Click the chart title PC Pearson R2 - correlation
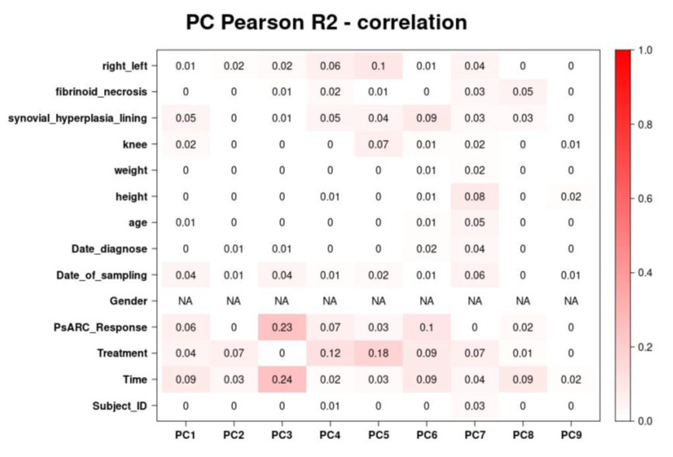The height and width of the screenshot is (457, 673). pos(327,23)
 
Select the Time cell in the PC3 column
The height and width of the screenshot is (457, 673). pos(282,379)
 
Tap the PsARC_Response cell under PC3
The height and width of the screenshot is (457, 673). pos(282,326)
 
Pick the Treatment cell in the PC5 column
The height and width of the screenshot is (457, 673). pos(378,353)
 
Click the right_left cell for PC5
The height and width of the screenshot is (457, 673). pos(378,65)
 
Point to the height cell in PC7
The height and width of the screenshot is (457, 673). pos(474,196)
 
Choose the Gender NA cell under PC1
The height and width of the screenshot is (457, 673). pos(186,301)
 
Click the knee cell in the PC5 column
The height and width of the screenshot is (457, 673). pos(378,144)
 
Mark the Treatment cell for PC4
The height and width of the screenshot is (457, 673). pos(330,353)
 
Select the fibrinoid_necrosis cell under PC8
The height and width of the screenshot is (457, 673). pos(522,92)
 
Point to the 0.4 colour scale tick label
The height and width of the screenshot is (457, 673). pos(644,273)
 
